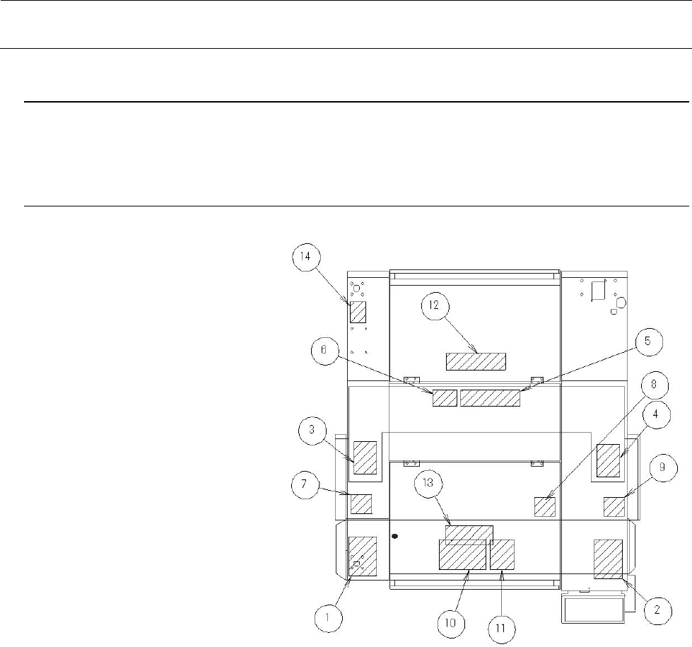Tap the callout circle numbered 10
(453, 624)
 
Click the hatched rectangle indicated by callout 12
(475, 361)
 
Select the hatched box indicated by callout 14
(358, 312)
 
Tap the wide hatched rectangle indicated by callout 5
(490, 397)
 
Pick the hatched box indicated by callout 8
(544, 507)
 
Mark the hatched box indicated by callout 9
(614, 507)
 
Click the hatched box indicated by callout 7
(361, 503)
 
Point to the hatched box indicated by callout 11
(502, 554)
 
